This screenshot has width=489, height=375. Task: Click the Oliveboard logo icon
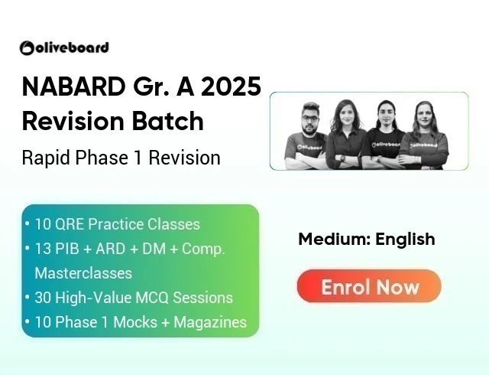[x=27, y=48]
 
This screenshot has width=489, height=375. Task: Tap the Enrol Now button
[x=369, y=286]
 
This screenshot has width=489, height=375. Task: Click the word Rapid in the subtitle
[x=44, y=158]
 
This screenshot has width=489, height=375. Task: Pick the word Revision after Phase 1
[x=184, y=158]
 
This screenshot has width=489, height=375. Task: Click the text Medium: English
[x=367, y=239]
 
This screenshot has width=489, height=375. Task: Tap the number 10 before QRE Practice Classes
[x=44, y=224]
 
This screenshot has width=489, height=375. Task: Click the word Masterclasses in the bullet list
[x=83, y=272]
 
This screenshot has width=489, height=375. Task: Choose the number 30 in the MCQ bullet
[x=44, y=297]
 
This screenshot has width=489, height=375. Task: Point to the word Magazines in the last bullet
[x=210, y=322]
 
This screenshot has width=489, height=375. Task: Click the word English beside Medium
[x=406, y=239]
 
